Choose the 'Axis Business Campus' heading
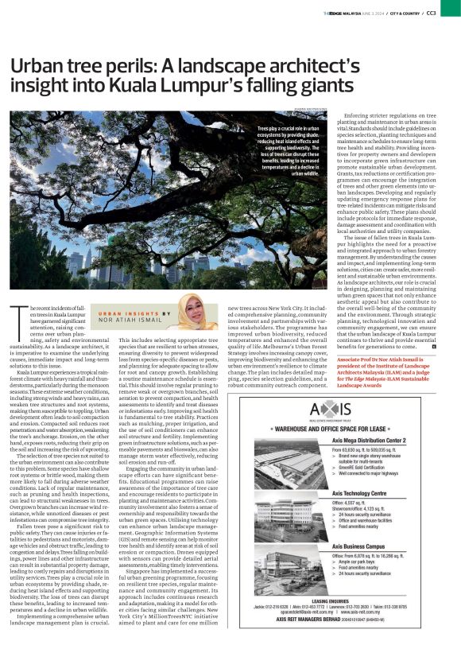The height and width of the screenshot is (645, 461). [374, 548]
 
